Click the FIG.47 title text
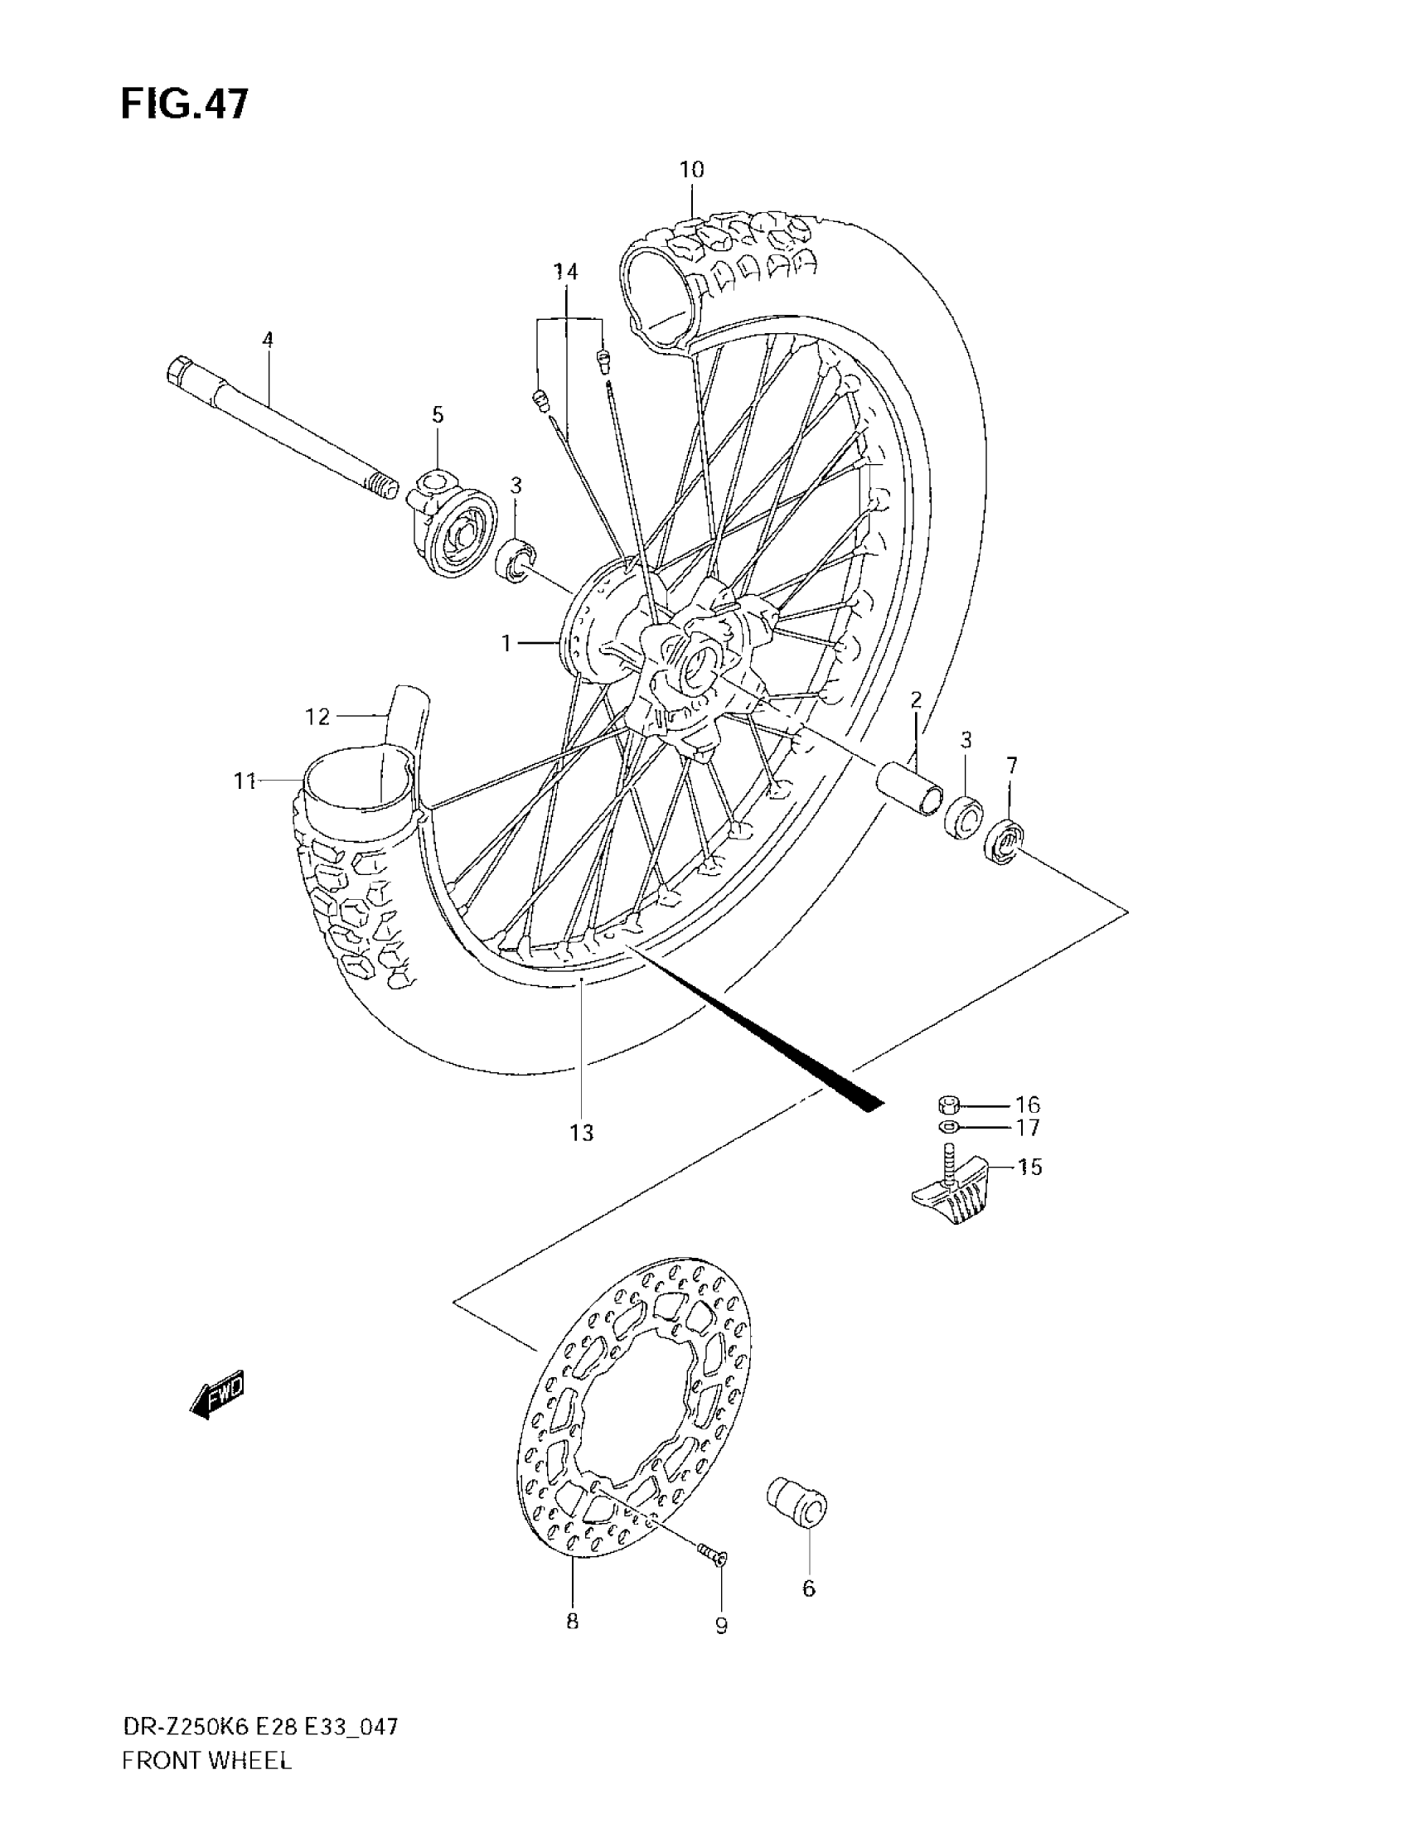coord(185,105)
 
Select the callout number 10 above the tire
coord(691,169)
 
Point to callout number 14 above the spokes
coord(566,271)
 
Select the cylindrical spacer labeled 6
coord(798,1503)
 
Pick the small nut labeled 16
coord(948,1105)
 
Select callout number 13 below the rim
coord(581,1133)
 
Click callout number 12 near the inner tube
coord(317,716)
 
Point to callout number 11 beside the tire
coord(244,781)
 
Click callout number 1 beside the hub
coord(506,643)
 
